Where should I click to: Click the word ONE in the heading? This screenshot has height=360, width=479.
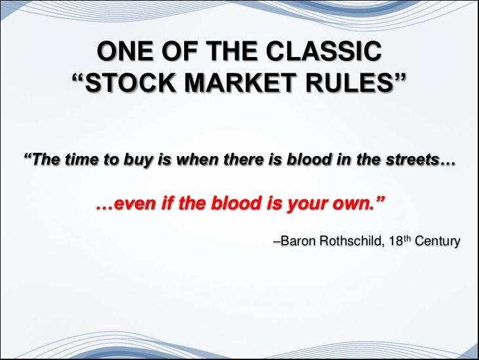pyautogui.click(x=125, y=50)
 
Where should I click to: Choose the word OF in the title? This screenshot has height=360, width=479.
pyautogui.click(x=179, y=50)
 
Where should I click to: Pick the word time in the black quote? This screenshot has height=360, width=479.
pyautogui.click(x=82, y=159)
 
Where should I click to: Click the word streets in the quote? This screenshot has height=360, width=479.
pyautogui.click(x=412, y=159)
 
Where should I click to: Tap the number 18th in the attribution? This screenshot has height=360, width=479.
pyautogui.click(x=399, y=241)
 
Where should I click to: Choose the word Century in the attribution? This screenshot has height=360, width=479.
pyautogui.click(x=438, y=241)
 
